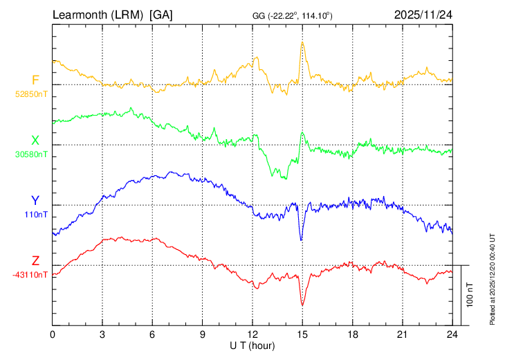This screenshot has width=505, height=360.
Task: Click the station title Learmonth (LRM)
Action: click(98, 15)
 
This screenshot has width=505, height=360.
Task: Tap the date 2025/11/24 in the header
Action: click(423, 15)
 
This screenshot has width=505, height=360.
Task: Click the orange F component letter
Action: click(35, 80)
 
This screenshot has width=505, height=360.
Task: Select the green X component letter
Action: click(35, 140)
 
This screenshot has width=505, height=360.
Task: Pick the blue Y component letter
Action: click(35, 200)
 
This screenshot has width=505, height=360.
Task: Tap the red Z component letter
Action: click(35, 260)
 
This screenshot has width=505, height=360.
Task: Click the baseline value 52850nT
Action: click(32, 93)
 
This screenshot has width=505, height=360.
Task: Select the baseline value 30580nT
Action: click(32, 154)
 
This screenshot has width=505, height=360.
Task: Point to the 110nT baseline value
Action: click(36, 214)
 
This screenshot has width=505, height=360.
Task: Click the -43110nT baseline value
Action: click(30, 274)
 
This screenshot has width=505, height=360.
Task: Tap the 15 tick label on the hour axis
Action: click(302, 334)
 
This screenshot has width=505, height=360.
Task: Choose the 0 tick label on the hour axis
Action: click(53, 334)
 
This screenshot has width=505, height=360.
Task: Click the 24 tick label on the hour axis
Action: click(452, 334)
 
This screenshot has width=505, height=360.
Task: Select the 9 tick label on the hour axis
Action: click(203, 334)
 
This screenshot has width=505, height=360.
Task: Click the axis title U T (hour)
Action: click(252, 345)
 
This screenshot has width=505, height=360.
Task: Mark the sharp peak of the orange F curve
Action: click(302, 42)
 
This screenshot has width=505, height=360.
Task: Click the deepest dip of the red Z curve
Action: click(302, 305)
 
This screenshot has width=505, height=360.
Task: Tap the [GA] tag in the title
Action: click(161, 15)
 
